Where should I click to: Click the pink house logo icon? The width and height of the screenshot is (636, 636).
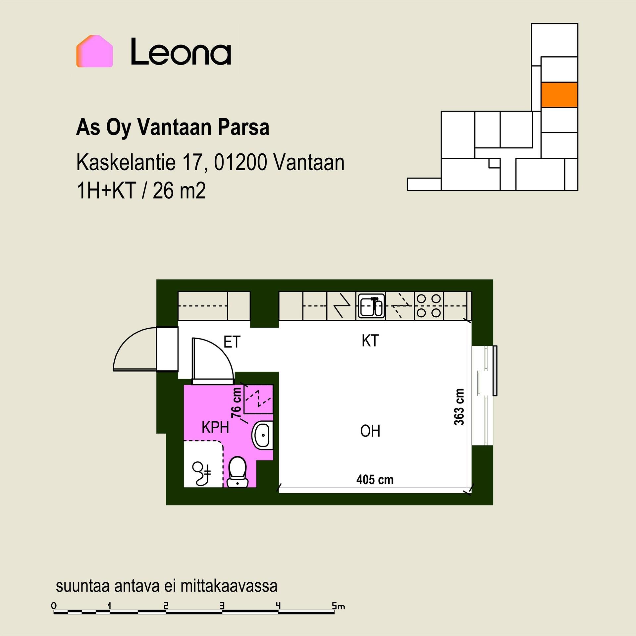tap(95, 51)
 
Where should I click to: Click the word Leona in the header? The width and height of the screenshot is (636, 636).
tap(181, 52)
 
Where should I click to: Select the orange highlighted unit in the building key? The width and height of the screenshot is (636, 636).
tap(559, 95)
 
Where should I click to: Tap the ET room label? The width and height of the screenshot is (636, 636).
tap(232, 342)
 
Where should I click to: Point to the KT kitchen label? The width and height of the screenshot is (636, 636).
tap(370, 341)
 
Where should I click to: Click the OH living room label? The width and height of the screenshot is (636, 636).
tap(370, 431)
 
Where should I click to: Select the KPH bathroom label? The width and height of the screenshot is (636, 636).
tap(215, 428)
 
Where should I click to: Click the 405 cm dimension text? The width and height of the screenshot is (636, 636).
tap(375, 479)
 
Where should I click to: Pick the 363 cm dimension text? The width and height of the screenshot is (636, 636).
tap(459, 407)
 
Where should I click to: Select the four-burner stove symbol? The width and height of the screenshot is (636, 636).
tap(429, 306)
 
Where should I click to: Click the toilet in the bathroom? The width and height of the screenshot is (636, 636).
tap(238, 472)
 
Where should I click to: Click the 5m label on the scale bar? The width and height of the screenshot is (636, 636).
tap(338, 606)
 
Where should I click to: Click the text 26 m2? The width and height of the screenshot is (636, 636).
tap(179, 191)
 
